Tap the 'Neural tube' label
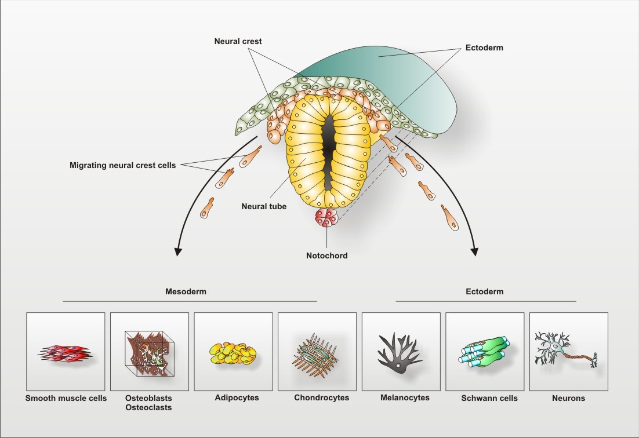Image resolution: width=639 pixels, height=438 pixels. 264,206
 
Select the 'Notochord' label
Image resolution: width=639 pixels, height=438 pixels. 327,256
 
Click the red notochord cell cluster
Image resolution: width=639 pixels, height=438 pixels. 327,218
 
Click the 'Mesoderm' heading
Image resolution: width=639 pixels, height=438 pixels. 186,292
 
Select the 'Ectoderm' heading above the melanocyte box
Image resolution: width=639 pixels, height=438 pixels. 485,292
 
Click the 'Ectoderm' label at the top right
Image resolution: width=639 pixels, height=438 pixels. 484,48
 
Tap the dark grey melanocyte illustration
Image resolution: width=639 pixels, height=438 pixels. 399,353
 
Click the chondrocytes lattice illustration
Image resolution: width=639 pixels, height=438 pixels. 317,351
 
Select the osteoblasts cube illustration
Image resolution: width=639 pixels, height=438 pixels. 149,351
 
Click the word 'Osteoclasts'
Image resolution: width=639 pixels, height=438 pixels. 148,408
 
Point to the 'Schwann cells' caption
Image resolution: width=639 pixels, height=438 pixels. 489,399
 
